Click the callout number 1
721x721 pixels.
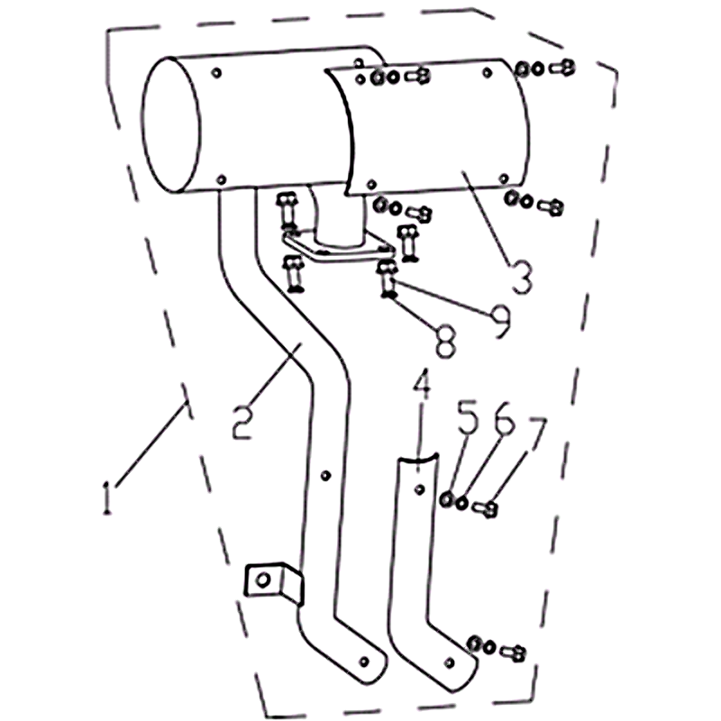click(x=106, y=497)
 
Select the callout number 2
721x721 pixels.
click(x=242, y=423)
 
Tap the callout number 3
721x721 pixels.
click(x=521, y=278)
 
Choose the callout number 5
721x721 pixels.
click(x=468, y=417)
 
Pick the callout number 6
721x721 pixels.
click(x=503, y=417)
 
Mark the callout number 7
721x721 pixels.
click(x=536, y=434)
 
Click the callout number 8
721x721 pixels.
click(x=445, y=342)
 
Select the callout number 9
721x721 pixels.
click(x=499, y=322)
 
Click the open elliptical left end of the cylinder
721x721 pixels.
click(x=172, y=124)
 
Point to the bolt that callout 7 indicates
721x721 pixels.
click(x=486, y=508)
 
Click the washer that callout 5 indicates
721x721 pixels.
click(x=446, y=499)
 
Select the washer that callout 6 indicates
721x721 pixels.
click(x=461, y=504)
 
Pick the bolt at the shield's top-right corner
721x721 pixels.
click(x=562, y=68)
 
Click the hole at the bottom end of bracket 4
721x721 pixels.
click(x=450, y=662)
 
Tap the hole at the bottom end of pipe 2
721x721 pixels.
click(x=364, y=662)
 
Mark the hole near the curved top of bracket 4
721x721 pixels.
click(x=419, y=490)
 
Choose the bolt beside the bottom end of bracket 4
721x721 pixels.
click(x=513, y=653)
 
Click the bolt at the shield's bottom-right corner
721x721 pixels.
click(x=551, y=207)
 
